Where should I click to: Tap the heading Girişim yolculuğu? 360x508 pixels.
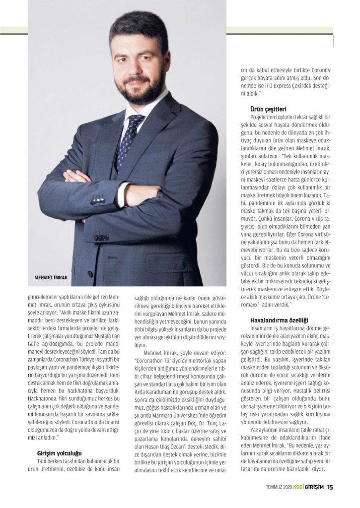pos(60,453)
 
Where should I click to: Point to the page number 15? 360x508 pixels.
pos(330,487)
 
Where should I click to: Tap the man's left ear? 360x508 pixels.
pos(167,62)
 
